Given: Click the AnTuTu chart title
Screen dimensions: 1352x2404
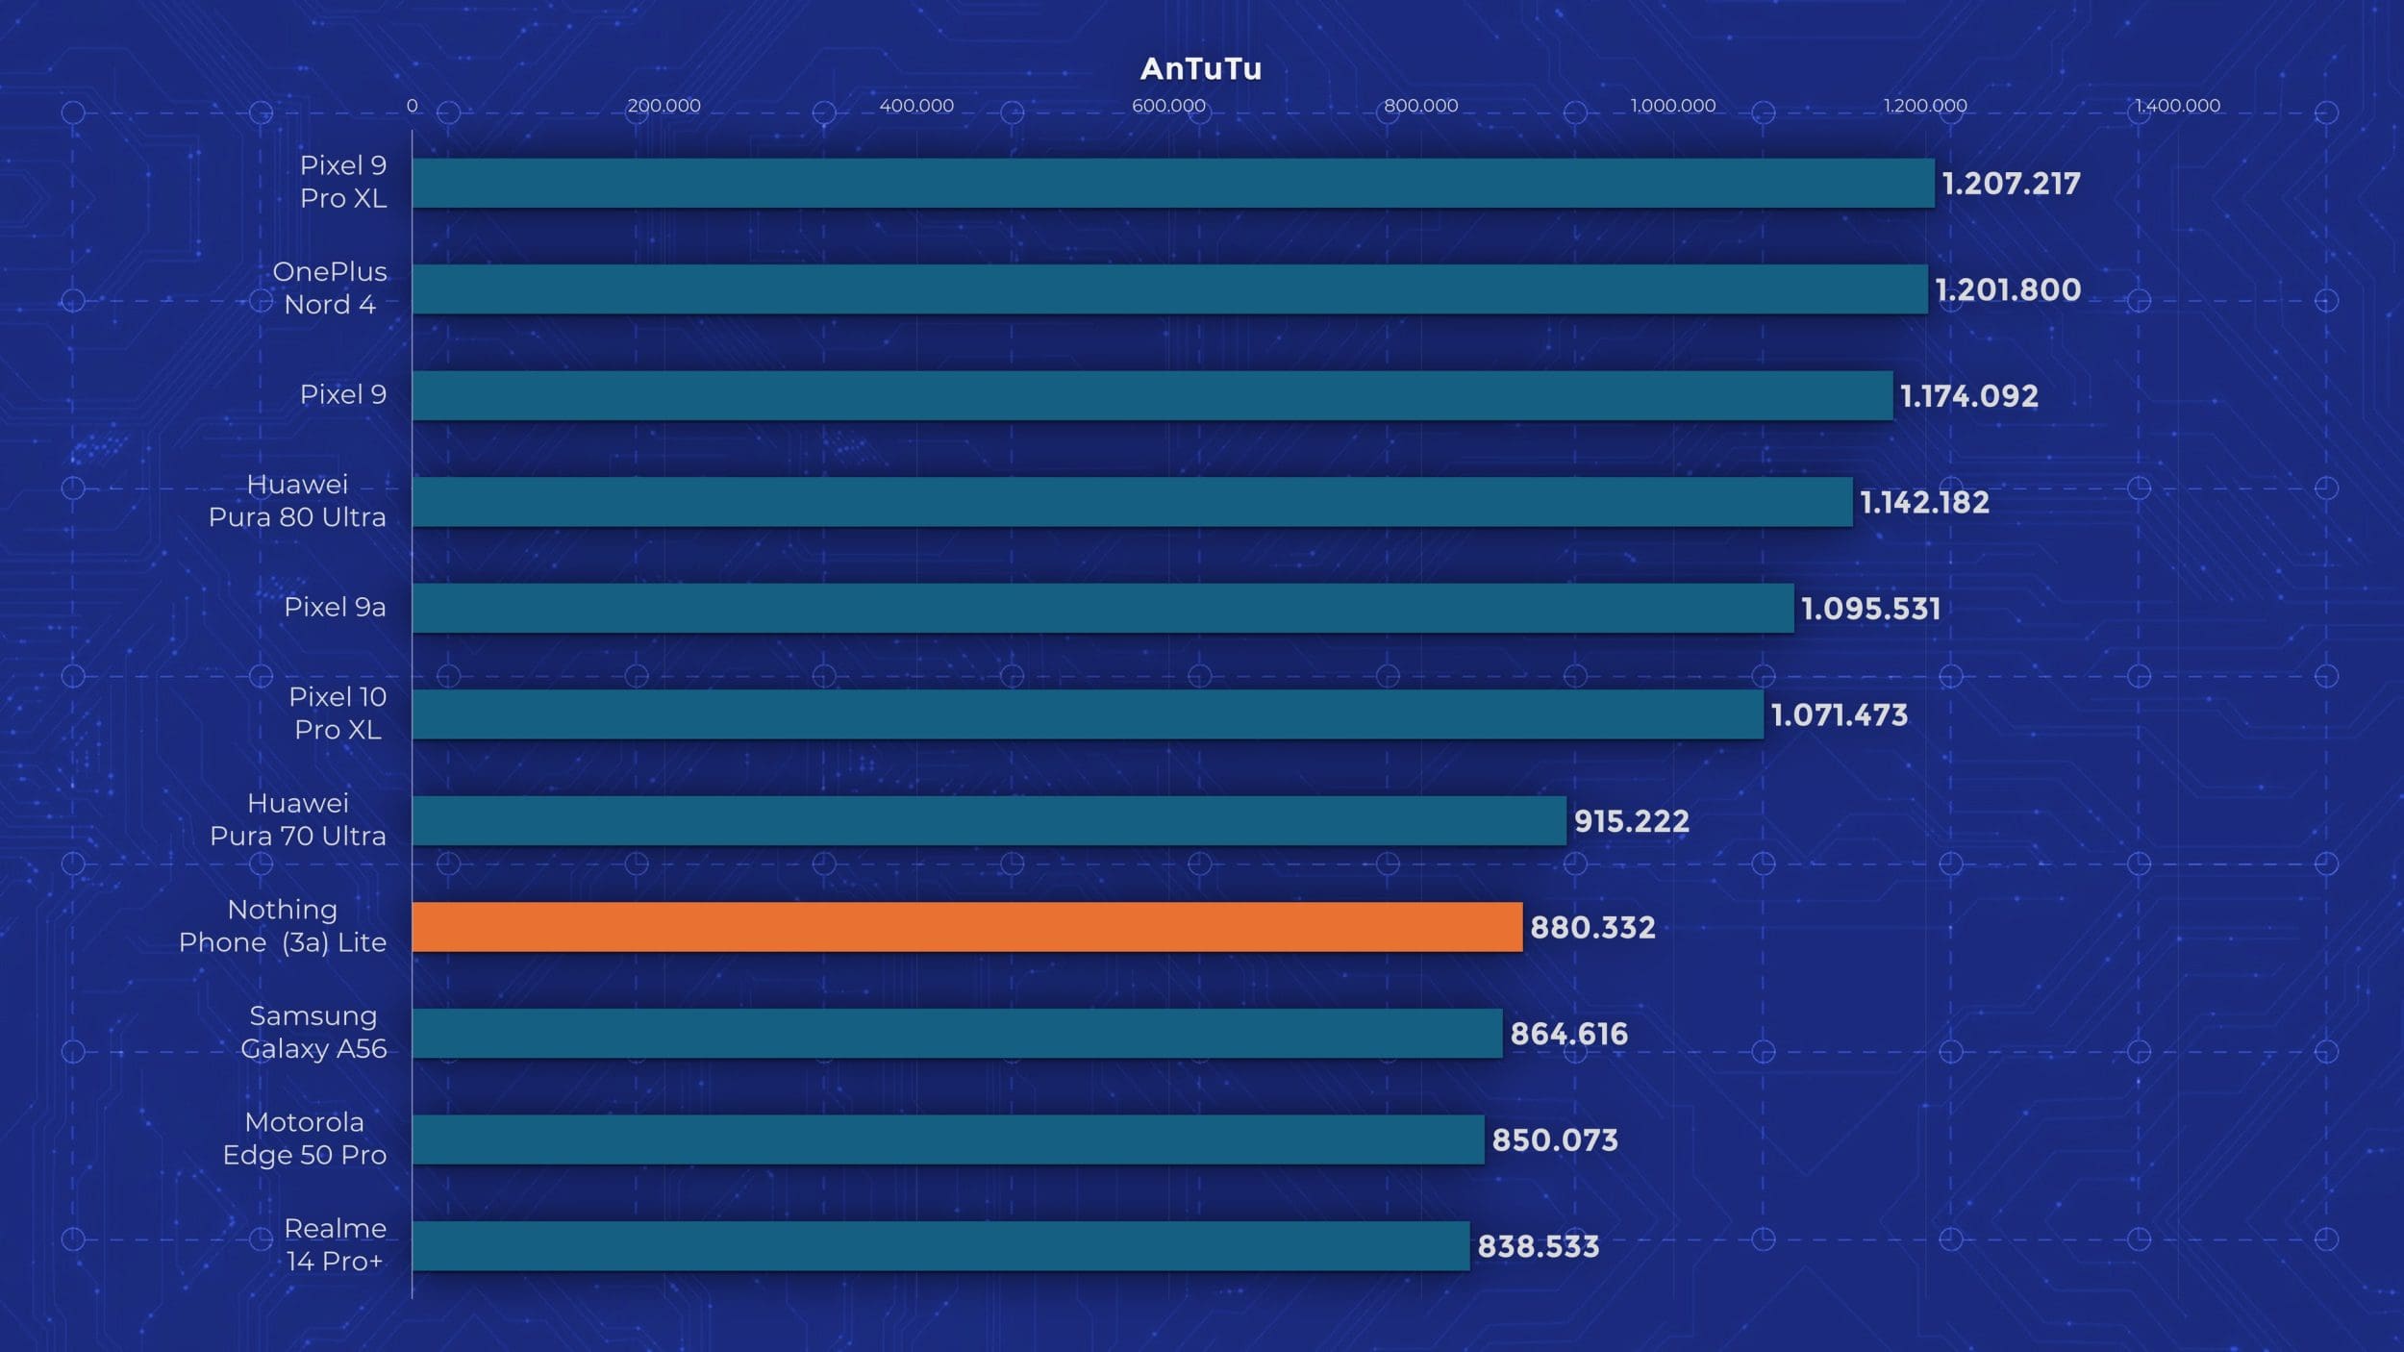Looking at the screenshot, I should (x=1200, y=68).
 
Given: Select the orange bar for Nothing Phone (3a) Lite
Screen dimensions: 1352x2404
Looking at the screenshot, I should (x=966, y=927).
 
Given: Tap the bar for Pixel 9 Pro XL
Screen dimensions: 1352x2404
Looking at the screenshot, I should (x=1173, y=183).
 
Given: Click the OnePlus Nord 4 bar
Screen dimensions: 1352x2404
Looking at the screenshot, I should (x=1169, y=289).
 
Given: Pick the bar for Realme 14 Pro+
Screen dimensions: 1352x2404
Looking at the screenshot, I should (x=940, y=1245).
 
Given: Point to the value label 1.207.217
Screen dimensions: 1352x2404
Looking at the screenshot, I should (x=2011, y=184).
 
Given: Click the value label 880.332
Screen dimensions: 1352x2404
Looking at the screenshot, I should (x=1592, y=927).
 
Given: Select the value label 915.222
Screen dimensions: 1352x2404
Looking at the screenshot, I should (x=1631, y=821).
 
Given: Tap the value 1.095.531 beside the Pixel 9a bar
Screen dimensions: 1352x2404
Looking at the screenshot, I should (x=1870, y=609).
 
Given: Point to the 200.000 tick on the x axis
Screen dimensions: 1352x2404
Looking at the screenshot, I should (x=664, y=106).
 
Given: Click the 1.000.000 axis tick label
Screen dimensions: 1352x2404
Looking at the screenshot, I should (x=1672, y=106).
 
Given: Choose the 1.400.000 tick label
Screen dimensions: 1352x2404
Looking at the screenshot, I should (x=2177, y=106).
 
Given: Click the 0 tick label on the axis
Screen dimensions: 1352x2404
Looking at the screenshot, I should (x=412, y=106).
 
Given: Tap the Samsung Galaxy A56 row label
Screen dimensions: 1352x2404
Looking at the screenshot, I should (x=313, y=1032).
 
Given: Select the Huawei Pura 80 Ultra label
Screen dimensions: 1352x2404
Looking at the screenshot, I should (x=297, y=500).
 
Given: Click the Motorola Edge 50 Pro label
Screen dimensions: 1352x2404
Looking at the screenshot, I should (x=304, y=1139).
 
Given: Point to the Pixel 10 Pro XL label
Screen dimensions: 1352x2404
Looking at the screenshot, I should (x=338, y=714).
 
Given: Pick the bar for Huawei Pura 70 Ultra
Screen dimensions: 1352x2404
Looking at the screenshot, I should (x=989, y=820).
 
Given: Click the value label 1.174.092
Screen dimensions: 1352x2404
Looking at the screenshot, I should (x=1968, y=396).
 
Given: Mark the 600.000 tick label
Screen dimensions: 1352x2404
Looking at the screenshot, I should (x=1168, y=106).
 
